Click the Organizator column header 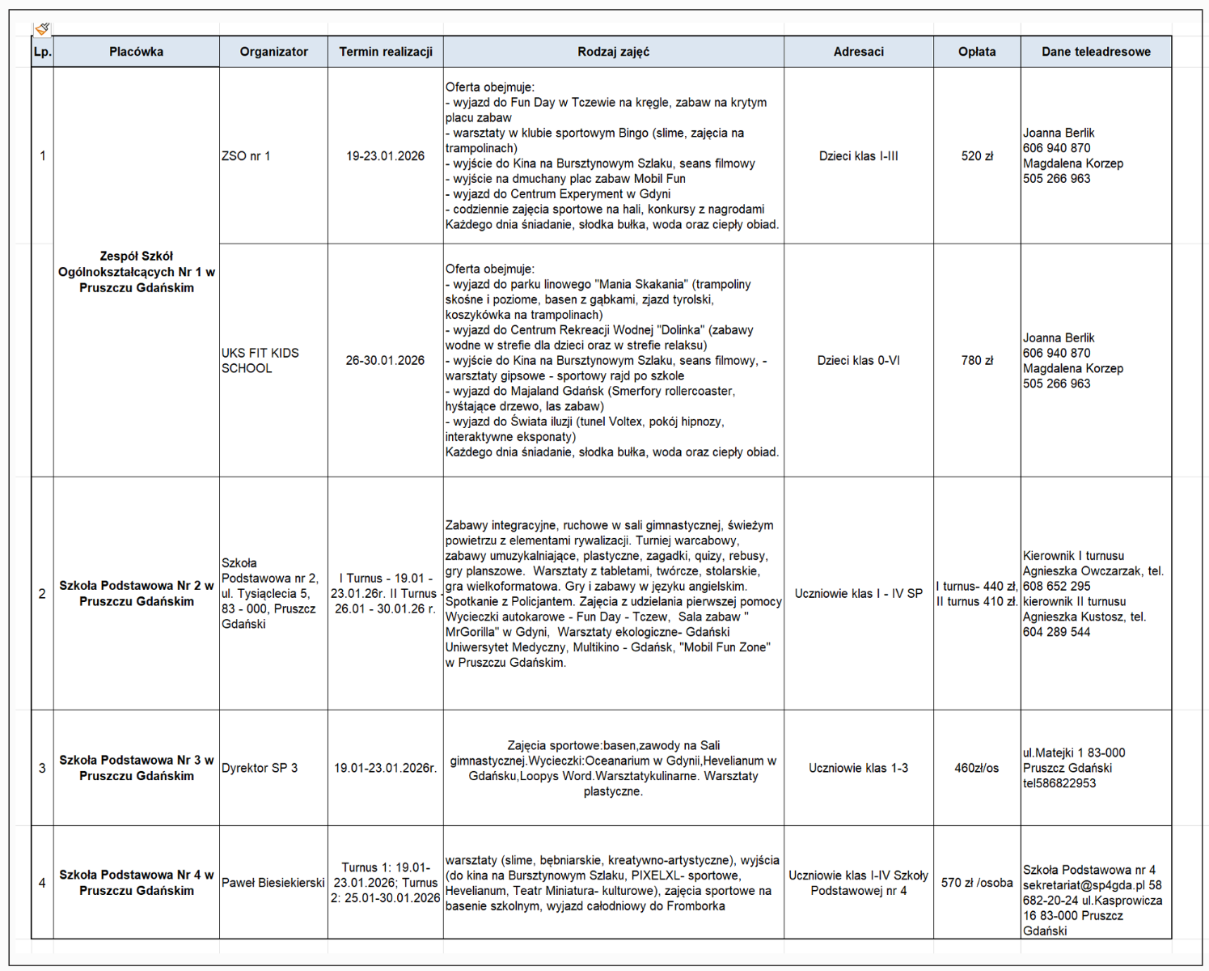273,52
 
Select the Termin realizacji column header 386,52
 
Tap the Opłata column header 977,52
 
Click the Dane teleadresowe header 1096,52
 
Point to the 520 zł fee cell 977,156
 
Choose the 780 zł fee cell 977,361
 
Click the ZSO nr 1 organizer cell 246,156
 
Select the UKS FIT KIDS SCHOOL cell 260,361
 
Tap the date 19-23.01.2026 385,156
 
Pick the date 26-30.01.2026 385,361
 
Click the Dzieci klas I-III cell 858,156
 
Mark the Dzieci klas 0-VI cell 858,361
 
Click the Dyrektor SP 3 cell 260,768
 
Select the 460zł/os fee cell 976,768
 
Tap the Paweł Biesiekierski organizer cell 273,883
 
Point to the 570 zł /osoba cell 977,883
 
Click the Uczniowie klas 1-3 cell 858,768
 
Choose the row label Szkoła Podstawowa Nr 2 137,593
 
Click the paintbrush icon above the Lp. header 42,29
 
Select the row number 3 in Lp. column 42,768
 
